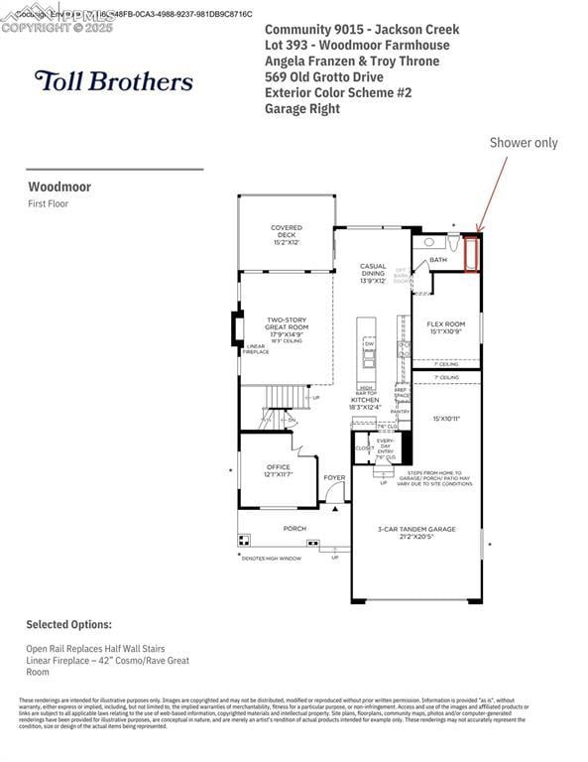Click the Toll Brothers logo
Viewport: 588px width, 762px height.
point(113,81)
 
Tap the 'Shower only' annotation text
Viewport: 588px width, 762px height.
point(523,143)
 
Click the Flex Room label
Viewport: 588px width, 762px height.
point(446,327)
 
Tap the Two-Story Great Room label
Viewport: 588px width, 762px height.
point(287,328)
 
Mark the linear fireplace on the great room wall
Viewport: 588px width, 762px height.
point(238,328)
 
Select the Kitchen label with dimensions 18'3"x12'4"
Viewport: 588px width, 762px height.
point(365,402)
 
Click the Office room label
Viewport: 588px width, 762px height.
point(278,470)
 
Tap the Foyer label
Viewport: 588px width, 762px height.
point(334,477)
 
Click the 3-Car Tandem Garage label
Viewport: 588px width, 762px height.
point(417,533)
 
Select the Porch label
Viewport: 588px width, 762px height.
point(294,529)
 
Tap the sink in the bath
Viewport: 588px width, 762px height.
point(428,241)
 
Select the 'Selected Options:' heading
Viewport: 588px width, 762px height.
point(68,625)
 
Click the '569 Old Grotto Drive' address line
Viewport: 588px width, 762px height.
point(324,76)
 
